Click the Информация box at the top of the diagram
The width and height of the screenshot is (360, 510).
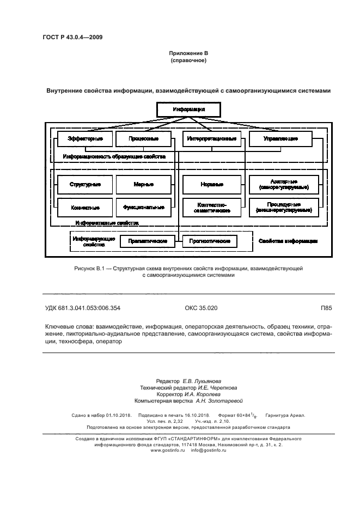click(188, 110)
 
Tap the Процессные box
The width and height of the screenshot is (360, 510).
click(144, 139)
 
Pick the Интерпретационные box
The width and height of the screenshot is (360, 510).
click(212, 139)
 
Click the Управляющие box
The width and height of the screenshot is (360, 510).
click(280, 139)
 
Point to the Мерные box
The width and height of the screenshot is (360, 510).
click(144, 185)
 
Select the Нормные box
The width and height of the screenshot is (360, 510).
click(212, 185)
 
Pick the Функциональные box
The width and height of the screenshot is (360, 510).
click(144, 208)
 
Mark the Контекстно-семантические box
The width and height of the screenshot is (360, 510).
click(212, 208)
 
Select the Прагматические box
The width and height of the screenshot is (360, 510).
click(147, 241)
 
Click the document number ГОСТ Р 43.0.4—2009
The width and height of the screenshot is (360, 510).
click(72, 38)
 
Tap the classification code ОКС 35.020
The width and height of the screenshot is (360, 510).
click(201, 308)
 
